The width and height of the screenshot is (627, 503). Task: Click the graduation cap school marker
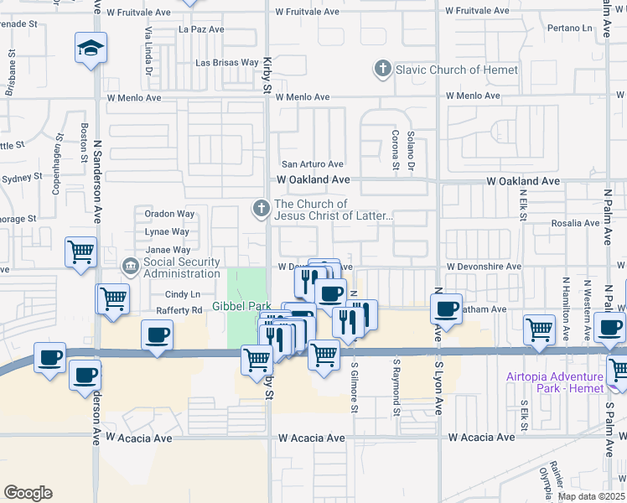91,48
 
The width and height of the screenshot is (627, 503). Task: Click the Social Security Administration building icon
132,267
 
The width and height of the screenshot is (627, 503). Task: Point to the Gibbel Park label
241,306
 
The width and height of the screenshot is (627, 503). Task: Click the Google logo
28,493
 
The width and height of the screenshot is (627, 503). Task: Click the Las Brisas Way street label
227,62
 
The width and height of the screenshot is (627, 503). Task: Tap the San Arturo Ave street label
312,164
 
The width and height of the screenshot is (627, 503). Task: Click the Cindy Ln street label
183,294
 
